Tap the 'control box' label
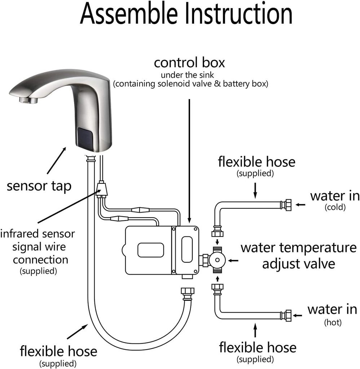[x=189, y=63]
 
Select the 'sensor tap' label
[x=39, y=186]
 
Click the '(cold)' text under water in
[x=335, y=207]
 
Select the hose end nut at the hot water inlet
[x=287, y=315]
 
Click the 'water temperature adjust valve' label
[x=298, y=255]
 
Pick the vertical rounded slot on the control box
[x=186, y=249]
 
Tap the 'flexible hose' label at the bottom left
[x=58, y=351]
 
